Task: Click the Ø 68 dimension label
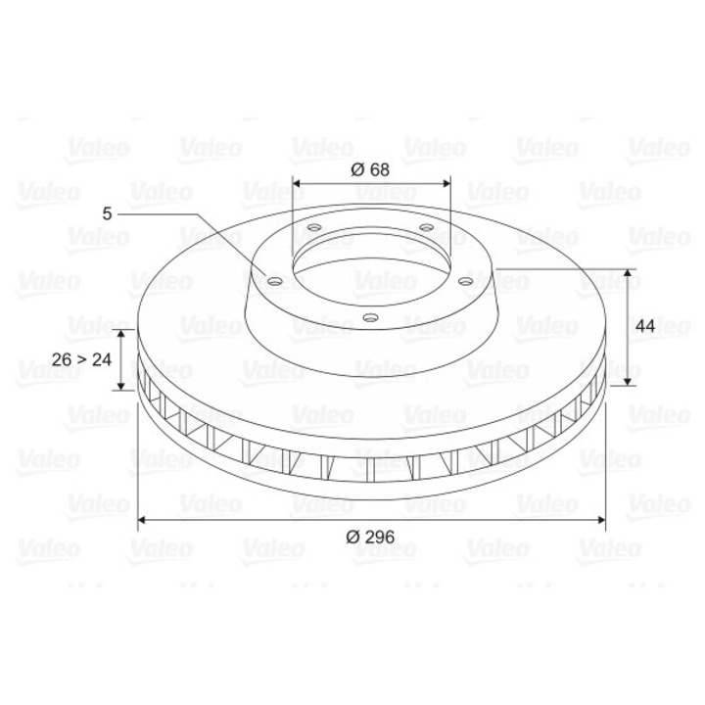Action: click(370, 168)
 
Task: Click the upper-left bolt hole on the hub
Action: click(313, 231)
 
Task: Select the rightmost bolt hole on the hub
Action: click(467, 282)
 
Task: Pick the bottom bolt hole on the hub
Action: click(370, 316)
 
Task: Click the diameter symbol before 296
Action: click(352, 536)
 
